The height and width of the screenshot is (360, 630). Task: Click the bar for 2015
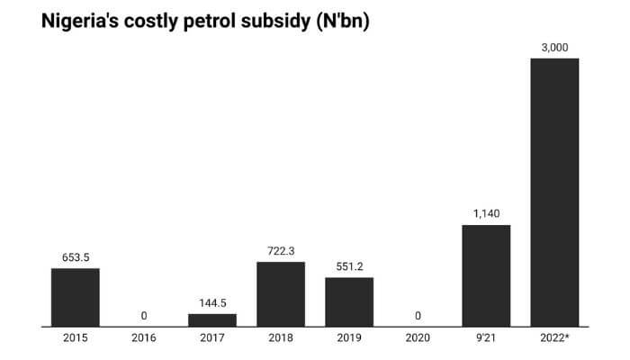pyautogui.click(x=76, y=297)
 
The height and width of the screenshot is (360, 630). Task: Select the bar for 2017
pyautogui.click(x=212, y=319)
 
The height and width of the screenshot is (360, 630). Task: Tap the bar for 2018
pyautogui.click(x=281, y=293)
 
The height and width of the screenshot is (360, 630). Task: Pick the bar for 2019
pyautogui.click(x=349, y=301)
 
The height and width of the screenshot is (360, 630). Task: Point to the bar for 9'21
pyautogui.click(x=486, y=275)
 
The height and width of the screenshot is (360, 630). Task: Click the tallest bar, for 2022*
pyautogui.click(x=554, y=192)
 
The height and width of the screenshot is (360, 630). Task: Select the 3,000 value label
pyautogui.click(x=554, y=47)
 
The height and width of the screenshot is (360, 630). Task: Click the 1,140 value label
pyautogui.click(x=486, y=213)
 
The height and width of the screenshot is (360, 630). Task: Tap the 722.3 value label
pyautogui.click(x=281, y=250)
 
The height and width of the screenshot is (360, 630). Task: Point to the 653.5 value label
pyautogui.click(x=76, y=256)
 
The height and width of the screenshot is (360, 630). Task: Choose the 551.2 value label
pyautogui.click(x=349, y=266)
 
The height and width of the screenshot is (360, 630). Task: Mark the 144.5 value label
pyautogui.click(x=212, y=302)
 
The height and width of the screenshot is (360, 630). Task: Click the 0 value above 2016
pyautogui.click(x=144, y=316)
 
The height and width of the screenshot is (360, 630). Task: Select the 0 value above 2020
pyautogui.click(x=418, y=316)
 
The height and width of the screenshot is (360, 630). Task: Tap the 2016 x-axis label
pyautogui.click(x=144, y=339)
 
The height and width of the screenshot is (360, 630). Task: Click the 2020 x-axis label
pyautogui.click(x=418, y=339)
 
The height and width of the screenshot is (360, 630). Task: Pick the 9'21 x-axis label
pyautogui.click(x=486, y=339)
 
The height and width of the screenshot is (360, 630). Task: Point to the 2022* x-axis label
pyautogui.click(x=554, y=339)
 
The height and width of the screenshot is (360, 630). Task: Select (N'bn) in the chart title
pyautogui.click(x=337, y=20)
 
